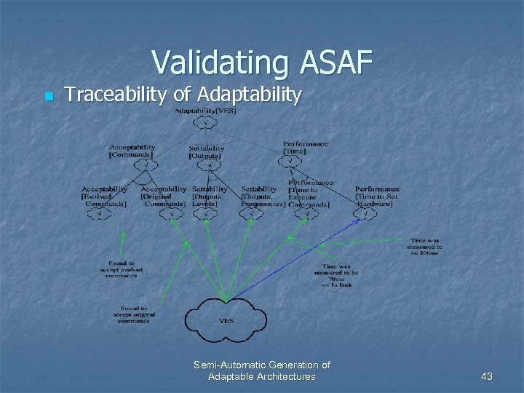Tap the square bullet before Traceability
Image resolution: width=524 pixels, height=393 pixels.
coord(47,96)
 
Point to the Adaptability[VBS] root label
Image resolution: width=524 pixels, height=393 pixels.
coord(205,111)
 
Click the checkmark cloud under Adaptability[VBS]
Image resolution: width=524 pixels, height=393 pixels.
coord(205,124)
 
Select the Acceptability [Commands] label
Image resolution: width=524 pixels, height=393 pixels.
coord(132,151)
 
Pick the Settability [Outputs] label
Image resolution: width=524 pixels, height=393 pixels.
coord(207,152)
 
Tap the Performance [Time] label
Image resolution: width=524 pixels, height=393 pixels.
coord(305,146)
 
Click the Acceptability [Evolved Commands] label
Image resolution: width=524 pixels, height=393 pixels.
coord(105,196)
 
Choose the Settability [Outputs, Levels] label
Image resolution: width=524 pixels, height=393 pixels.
coord(210,196)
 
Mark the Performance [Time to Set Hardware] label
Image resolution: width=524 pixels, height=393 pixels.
coord(377,196)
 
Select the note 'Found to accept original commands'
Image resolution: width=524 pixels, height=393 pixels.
coord(131,314)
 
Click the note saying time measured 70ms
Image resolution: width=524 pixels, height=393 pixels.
coord(336,274)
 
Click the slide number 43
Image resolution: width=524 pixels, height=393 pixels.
coord(487,376)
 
